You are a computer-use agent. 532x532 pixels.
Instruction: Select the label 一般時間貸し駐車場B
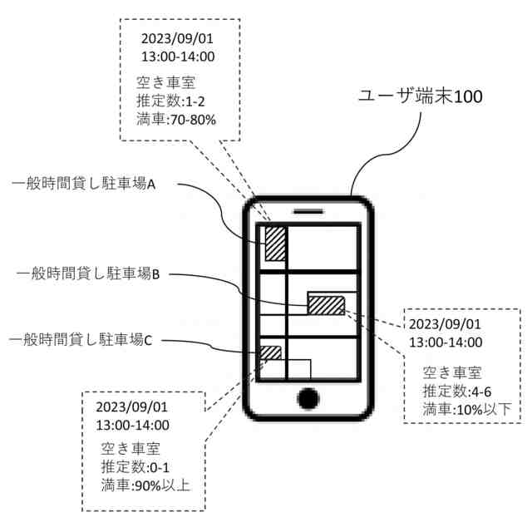pos(92,273)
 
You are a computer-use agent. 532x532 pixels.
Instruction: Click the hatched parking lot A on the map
pos(275,243)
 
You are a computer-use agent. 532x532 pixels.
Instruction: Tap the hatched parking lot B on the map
pos(326,303)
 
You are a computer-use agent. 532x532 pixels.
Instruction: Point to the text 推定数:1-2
pos(168,101)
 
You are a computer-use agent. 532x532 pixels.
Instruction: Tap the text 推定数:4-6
pos(456,390)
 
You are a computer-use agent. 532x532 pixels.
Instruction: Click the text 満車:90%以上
pos(145,485)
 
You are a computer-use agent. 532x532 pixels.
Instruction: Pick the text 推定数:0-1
pos(136,465)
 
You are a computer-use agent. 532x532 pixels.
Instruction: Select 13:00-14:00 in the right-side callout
pos(446,342)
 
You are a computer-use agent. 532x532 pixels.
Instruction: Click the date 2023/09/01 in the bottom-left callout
pos(132,407)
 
